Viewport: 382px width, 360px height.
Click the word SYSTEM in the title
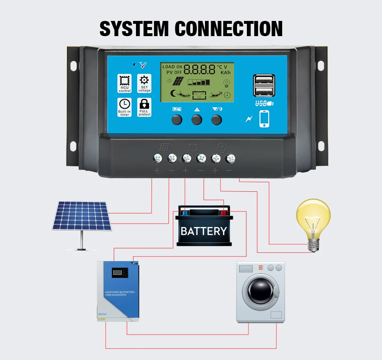click(x=134, y=29)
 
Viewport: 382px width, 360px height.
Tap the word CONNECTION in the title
click(x=229, y=29)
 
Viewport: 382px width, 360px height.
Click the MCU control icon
click(x=124, y=81)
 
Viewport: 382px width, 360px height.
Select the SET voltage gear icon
click(x=144, y=81)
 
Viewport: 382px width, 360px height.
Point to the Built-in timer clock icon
click(x=124, y=104)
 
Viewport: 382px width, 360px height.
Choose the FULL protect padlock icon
click(x=144, y=104)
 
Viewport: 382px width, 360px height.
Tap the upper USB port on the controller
click(x=265, y=79)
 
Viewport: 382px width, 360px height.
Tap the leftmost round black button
click(x=177, y=119)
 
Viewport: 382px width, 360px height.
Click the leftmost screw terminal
click(x=157, y=158)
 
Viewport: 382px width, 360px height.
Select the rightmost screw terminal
click(x=230, y=158)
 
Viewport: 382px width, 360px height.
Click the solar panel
click(x=82, y=216)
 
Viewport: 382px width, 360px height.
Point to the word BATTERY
click(x=204, y=231)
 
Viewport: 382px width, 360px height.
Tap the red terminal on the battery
click(x=224, y=213)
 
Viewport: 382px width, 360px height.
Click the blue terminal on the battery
click(x=185, y=213)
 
